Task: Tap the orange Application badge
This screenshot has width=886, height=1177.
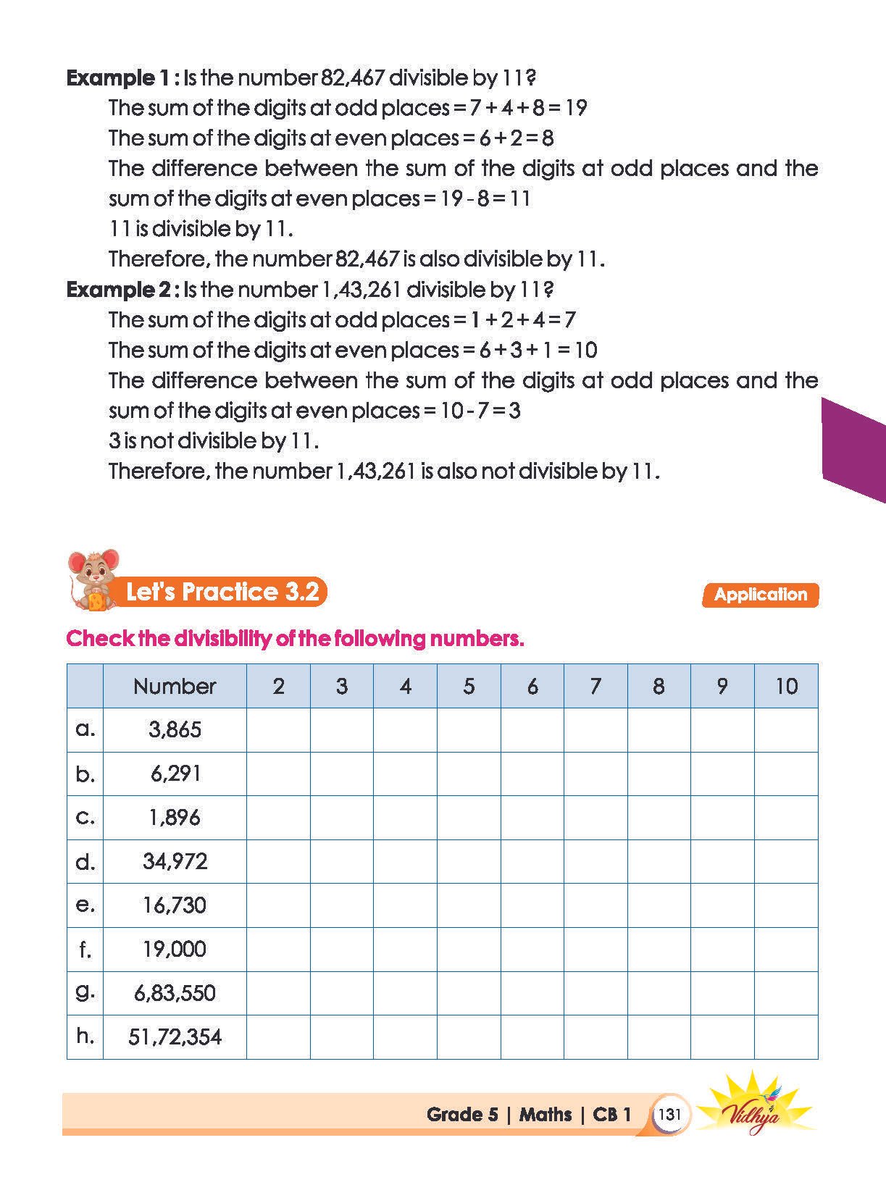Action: [760, 595]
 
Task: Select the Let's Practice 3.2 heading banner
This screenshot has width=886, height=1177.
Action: [222, 592]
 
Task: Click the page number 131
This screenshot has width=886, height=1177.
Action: [669, 1114]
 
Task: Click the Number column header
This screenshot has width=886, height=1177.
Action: [175, 686]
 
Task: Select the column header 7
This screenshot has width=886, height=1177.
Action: [595, 686]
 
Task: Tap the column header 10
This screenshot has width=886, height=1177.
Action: [786, 686]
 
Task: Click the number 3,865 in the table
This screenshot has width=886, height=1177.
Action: [175, 729]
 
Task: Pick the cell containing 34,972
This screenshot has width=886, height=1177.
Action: [175, 861]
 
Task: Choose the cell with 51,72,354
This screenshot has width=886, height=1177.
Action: [175, 1036]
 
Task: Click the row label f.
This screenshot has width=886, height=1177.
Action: [85, 949]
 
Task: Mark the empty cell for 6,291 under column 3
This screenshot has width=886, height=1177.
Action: [342, 774]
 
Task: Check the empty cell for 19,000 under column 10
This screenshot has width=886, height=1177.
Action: [786, 949]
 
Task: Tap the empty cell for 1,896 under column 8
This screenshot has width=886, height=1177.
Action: [659, 818]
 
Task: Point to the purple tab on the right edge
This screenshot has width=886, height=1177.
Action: [855, 449]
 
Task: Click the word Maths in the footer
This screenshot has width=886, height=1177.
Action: [546, 1114]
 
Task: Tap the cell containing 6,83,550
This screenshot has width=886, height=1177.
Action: [175, 993]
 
